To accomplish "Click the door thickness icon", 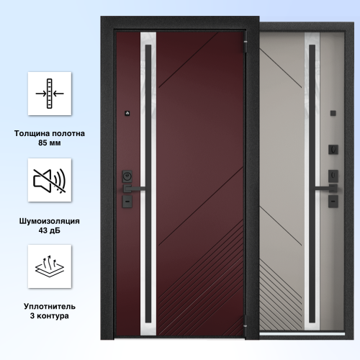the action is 50,94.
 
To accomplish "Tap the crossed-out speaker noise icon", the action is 50,181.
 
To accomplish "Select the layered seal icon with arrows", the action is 50,266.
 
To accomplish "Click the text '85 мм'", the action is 50,143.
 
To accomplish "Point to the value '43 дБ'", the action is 50,230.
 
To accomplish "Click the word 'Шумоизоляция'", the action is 50,221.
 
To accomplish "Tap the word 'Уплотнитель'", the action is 50,307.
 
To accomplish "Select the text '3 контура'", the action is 50,316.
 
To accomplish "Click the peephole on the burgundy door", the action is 127,113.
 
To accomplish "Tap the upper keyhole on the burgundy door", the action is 127,176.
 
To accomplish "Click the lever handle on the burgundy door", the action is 133,189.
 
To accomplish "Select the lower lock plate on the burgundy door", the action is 127,202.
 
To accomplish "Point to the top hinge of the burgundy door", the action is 246,47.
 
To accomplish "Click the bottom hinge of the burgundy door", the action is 246,321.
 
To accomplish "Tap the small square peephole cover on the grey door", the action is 333,113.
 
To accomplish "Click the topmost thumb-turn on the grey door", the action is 333,150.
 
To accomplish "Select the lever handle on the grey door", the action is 326,189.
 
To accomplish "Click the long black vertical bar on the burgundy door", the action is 148,184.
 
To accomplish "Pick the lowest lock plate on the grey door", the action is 333,201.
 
